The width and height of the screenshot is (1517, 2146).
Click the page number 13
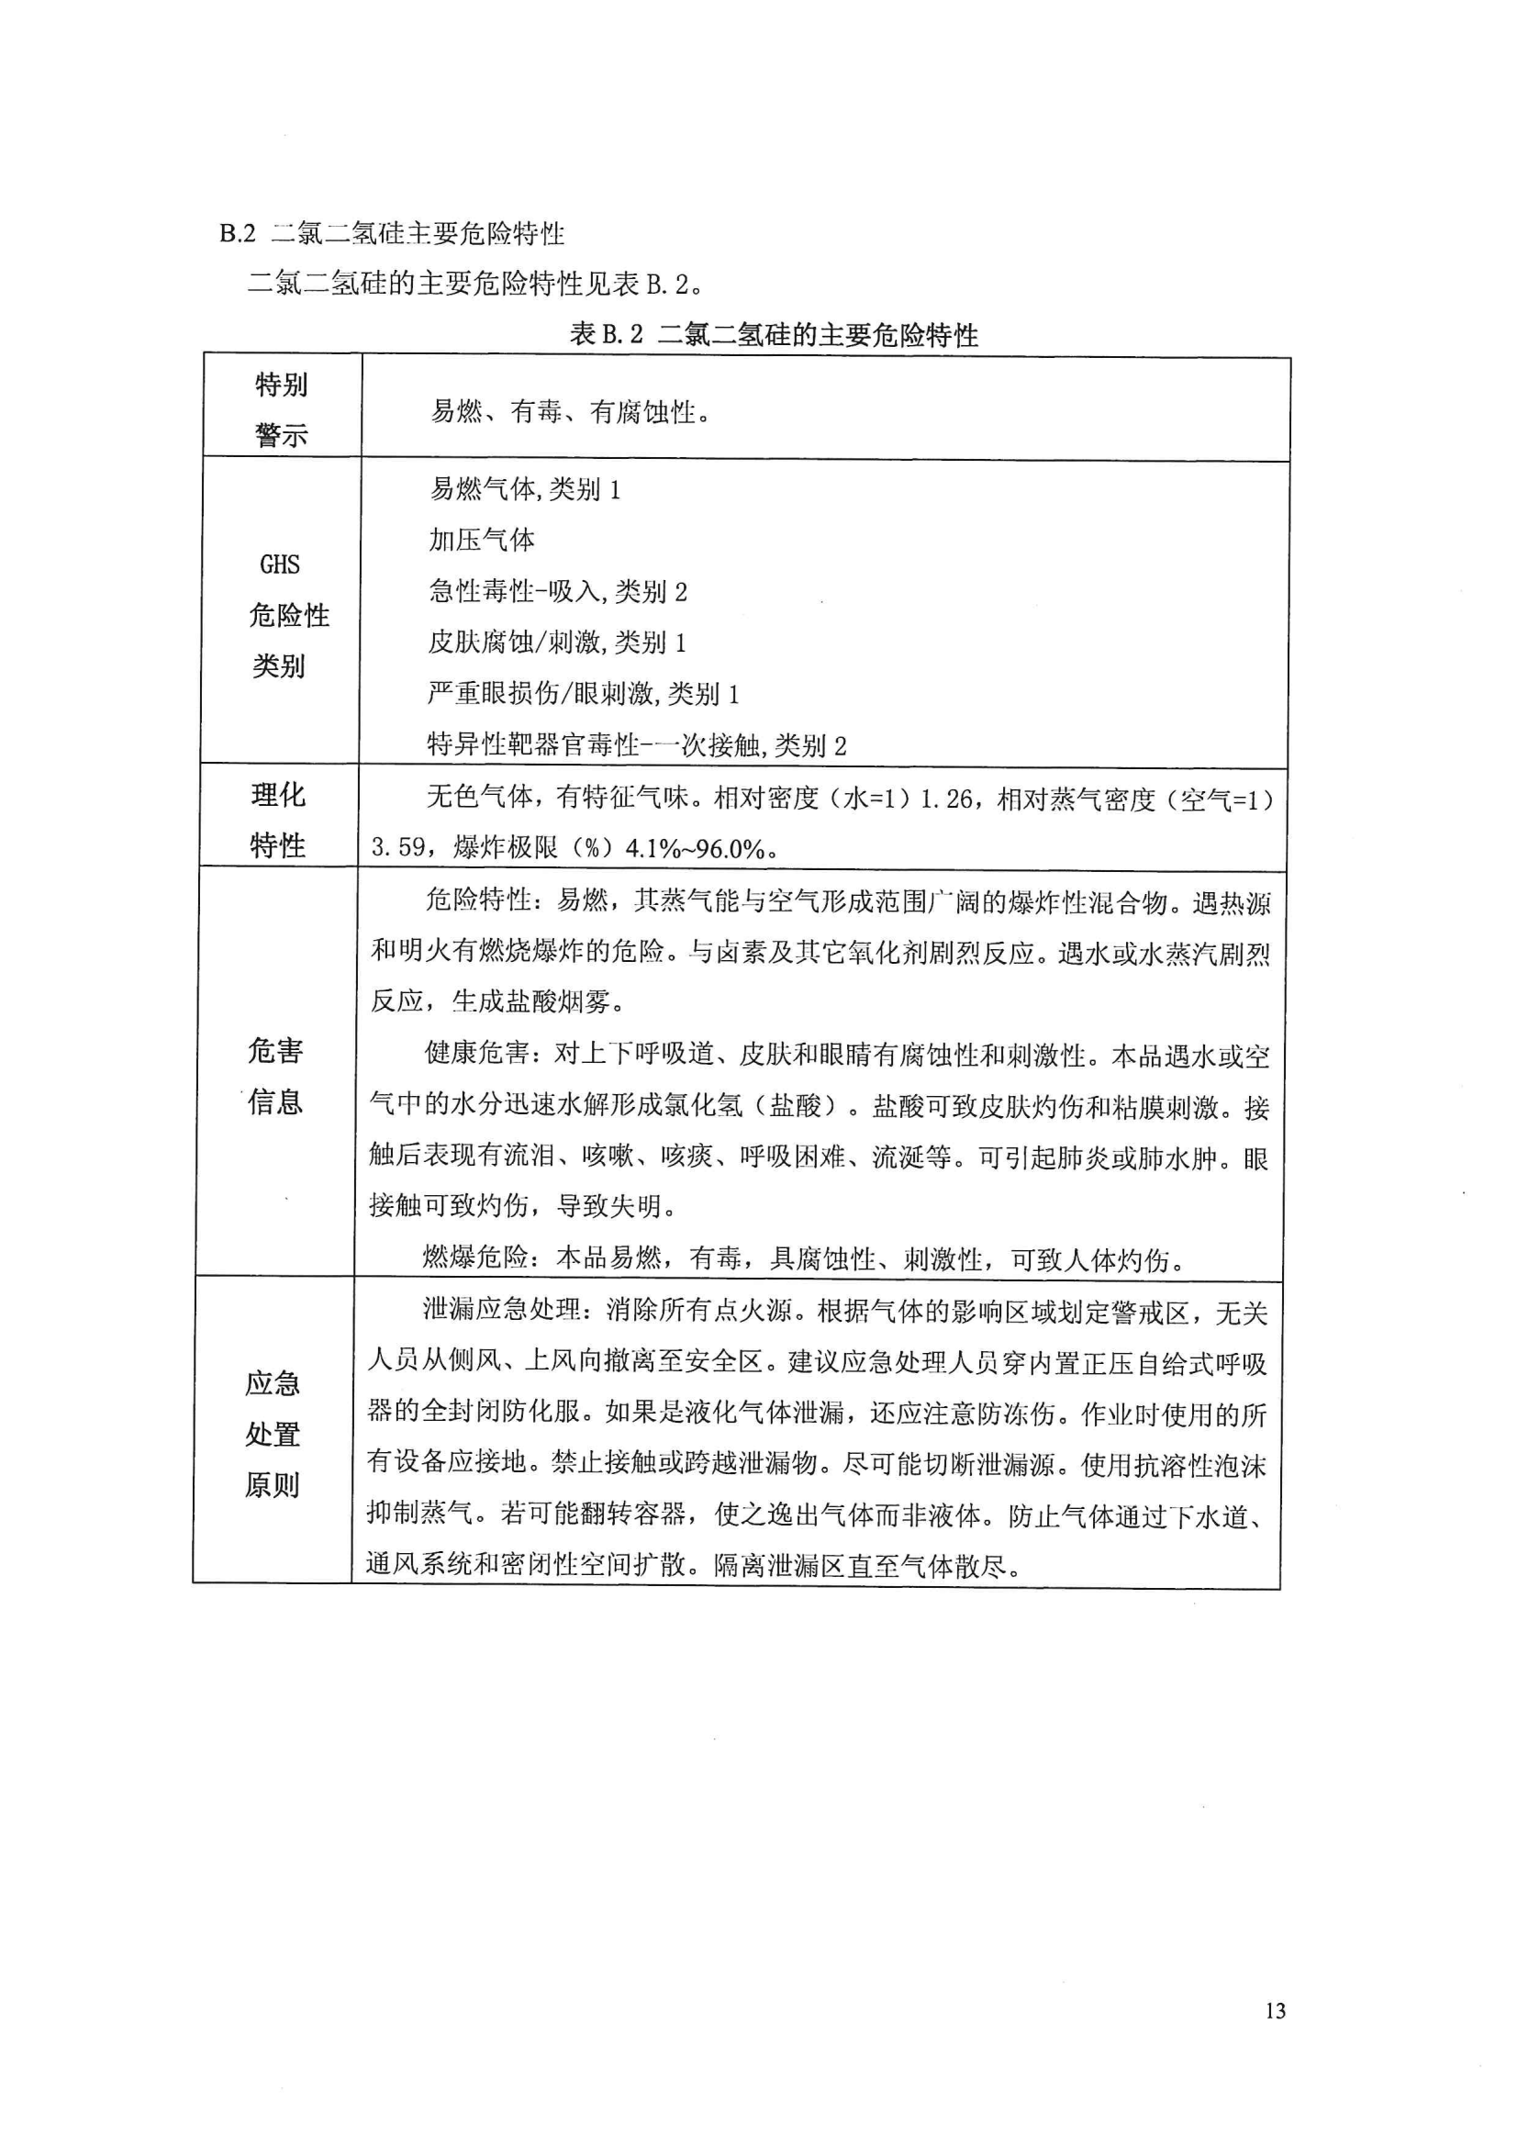1275,2011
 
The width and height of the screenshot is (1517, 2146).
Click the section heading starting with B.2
392,233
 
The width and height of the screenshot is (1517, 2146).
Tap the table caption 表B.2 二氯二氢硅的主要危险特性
773,335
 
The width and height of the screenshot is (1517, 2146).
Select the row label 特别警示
282,409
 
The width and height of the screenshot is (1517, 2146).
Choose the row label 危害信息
275,1076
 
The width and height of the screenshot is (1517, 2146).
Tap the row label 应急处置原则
273,1434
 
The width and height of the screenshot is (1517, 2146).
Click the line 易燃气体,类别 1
524,489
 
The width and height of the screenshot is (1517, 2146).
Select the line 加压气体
482,540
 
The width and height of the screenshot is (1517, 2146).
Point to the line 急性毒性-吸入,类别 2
557,591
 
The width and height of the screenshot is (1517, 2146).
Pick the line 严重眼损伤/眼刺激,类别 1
583,694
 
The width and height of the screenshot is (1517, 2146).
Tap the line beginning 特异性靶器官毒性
636,745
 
